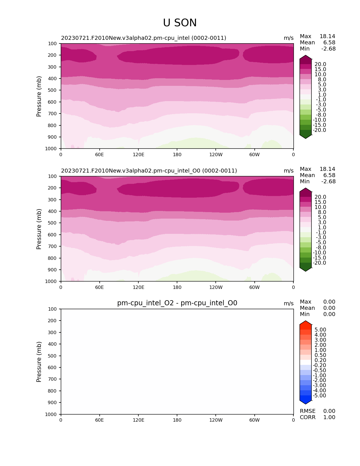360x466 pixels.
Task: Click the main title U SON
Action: pyautogui.click(x=180, y=23)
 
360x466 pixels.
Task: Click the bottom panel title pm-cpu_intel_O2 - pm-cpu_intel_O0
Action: pyautogui.click(x=177, y=303)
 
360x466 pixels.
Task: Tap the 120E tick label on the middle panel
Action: pyautogui.click(x=138, y=287)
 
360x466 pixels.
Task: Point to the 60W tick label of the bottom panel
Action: pyautogui.click(x=254, y=420)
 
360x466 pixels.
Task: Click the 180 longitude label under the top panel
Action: pyautogui.click(x=177, y=154)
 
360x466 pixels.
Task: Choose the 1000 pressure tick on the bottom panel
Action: pyautogui.click(x=51, y=414)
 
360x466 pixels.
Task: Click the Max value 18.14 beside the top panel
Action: pyautogui.click(x=327, y=36)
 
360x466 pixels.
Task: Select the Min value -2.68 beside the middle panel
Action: pyautogui.click(x=328, y=182)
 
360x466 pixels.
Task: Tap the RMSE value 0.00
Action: pyautogui.click(x=329, y=411)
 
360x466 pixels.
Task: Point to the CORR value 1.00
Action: pyautogui.click(x=329, y=417)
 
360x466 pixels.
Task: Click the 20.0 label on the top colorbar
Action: pyautogui.click(x=320, y=64)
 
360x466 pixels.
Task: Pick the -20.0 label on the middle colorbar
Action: pyautogui.click(x=319, y=263)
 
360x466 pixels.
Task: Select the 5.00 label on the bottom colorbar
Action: pyautogui.click(x=320, y=330)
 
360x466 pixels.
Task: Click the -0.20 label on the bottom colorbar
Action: pyautogui.click(x=319, y=365)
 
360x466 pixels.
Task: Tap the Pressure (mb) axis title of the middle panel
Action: pyautogui.click(x=39, y=229)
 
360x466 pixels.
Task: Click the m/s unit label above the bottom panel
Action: pyautogui.click(x=289, y=304)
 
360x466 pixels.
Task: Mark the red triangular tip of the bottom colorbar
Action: pyautogui.click(x=306, y=324)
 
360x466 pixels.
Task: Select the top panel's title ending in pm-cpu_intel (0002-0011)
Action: pyautogui.click(x=143, y=38)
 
